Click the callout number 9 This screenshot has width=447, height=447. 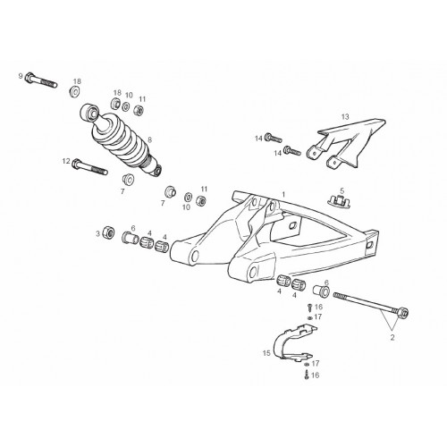21,76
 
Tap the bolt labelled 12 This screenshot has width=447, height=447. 89,167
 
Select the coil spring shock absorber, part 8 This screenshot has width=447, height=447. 121,139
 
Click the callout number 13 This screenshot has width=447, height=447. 345,116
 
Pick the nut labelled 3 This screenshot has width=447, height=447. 108,232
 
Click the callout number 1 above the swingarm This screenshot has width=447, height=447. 283,195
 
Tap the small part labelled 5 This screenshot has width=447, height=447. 340,200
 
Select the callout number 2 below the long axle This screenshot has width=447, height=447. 392,338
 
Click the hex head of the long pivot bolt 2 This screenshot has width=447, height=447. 403,312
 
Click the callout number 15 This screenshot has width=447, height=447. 266,353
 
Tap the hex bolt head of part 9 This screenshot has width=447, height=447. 30,77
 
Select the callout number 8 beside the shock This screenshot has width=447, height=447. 149,139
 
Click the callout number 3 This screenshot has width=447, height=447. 97,234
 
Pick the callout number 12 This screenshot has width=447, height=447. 66,161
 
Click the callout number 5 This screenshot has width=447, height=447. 342,190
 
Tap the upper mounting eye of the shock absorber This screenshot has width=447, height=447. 89,113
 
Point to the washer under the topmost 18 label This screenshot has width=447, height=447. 74,91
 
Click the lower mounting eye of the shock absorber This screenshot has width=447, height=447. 157,171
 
